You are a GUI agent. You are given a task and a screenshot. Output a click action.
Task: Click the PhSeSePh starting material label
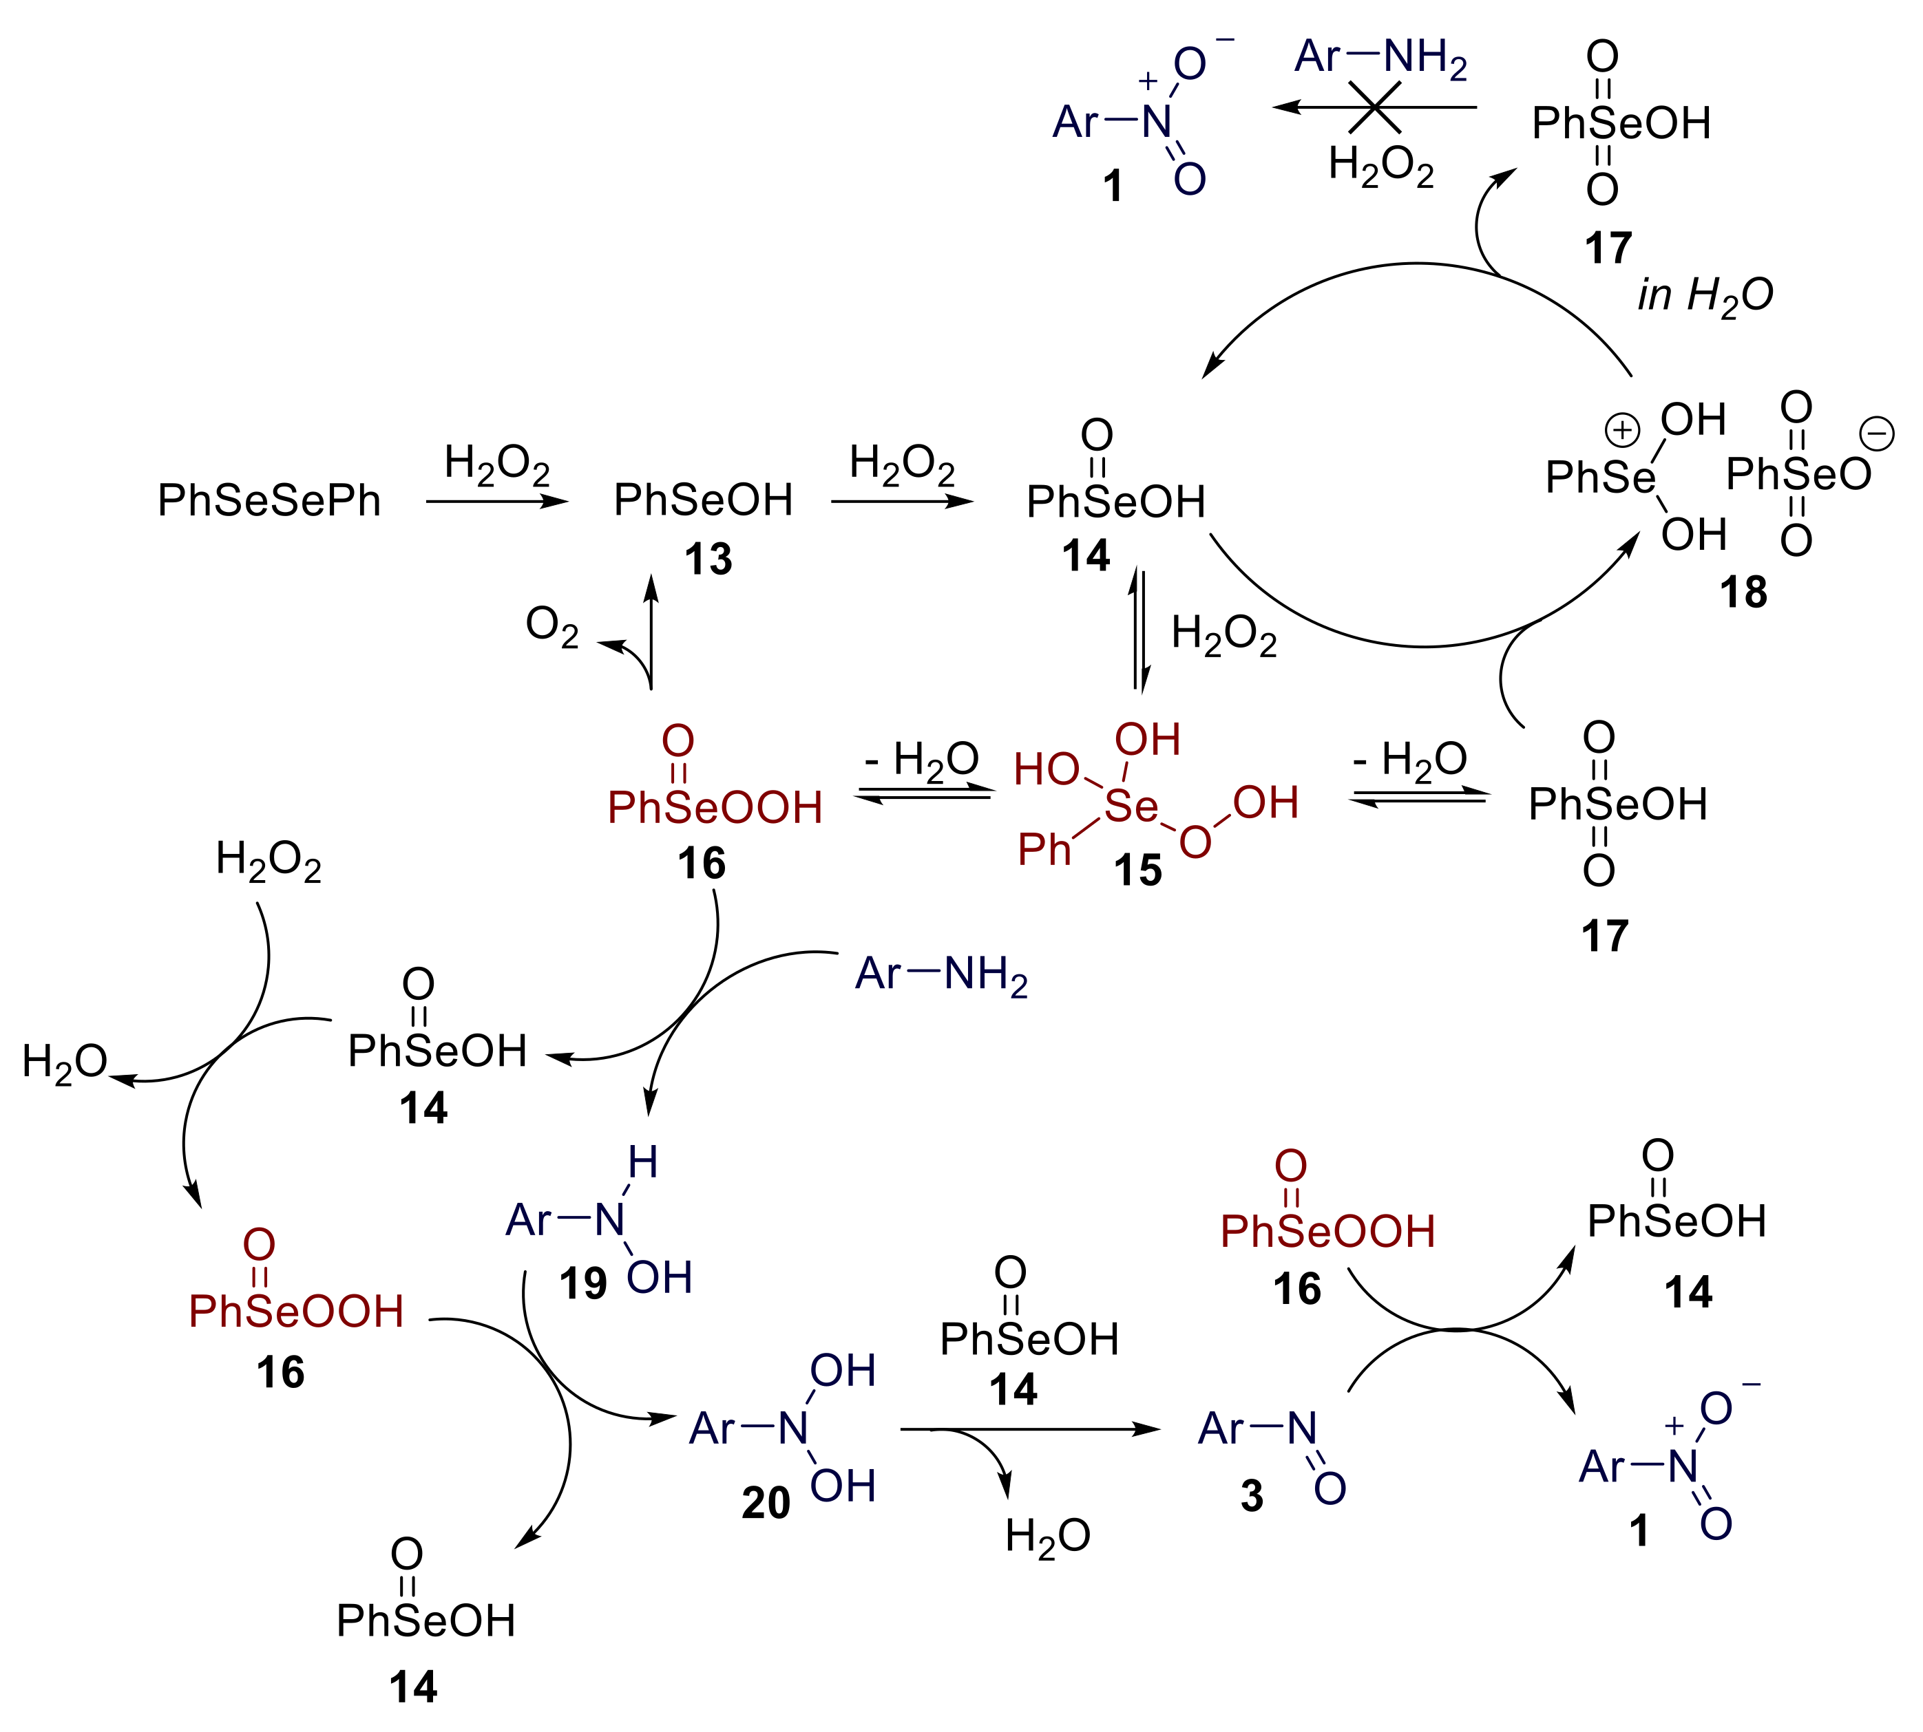(269, 500)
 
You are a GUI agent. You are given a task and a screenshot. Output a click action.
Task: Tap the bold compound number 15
(1137, 870)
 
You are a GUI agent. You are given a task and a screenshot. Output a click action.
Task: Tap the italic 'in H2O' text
(1705, 295)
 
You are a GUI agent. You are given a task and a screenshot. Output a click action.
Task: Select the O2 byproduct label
(552, 627)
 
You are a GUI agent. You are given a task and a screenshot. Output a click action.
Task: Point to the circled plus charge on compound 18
(1622, 430)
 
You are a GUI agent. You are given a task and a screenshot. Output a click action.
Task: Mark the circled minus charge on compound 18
(1878, 434)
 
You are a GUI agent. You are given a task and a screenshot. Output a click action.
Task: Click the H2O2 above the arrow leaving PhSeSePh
(497, 464)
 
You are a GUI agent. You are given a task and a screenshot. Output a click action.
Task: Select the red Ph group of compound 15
(1044, 849)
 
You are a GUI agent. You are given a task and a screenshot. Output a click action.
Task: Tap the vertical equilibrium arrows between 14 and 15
(1139, 630)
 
